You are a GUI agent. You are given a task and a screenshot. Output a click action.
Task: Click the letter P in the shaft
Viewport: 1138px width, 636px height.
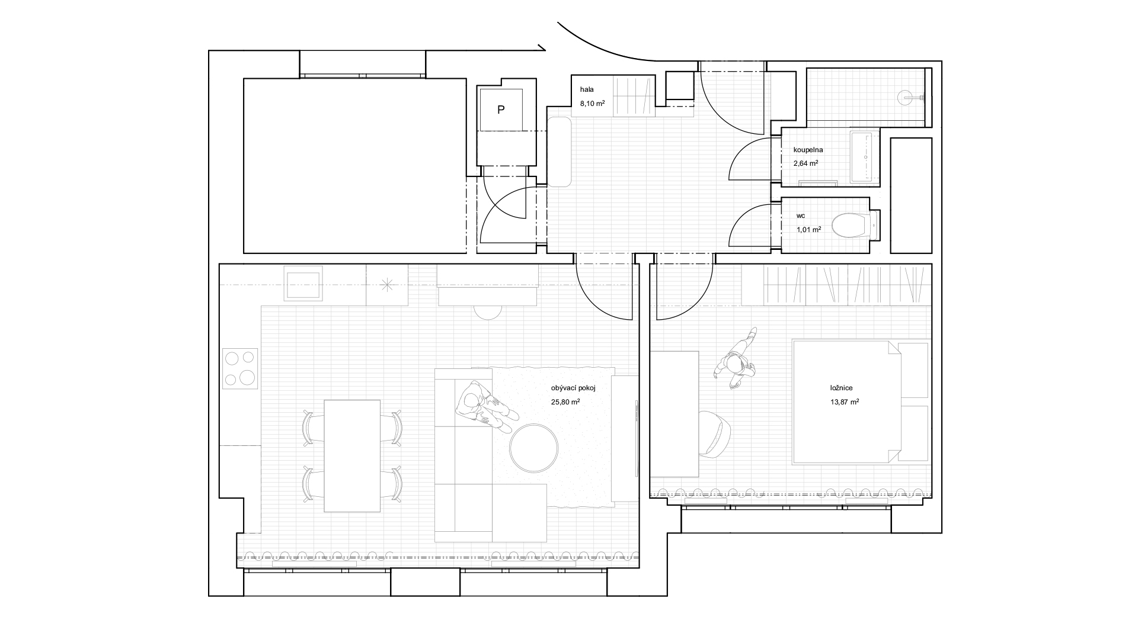click(501, 110)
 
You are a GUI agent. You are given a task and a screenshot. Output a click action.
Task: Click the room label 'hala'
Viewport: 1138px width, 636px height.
click(587, 89)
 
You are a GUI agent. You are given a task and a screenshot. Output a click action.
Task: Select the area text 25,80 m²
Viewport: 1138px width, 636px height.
click(565, 401)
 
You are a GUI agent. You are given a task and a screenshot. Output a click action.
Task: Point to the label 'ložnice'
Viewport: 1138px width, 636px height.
click(841, 388)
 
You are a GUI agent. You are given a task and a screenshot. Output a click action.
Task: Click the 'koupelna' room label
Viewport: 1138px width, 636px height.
click(808, 150)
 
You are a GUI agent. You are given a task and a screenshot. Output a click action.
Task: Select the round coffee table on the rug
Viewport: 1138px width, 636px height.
click(533, 448)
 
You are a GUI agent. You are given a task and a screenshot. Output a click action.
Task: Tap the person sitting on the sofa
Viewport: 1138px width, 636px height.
click(482, 408)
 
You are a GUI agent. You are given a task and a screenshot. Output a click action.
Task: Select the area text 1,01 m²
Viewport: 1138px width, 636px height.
click(809, 230)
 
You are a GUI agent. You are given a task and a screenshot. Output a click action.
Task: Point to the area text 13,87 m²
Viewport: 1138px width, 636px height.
click(845, 401)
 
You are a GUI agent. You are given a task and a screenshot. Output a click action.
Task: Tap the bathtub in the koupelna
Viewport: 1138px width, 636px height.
click(865, 157)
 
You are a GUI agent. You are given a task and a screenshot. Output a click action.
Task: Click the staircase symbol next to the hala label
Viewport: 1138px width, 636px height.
click(634, 97)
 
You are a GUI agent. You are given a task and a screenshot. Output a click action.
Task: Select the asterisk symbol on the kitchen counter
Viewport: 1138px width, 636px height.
click(386, 285)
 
